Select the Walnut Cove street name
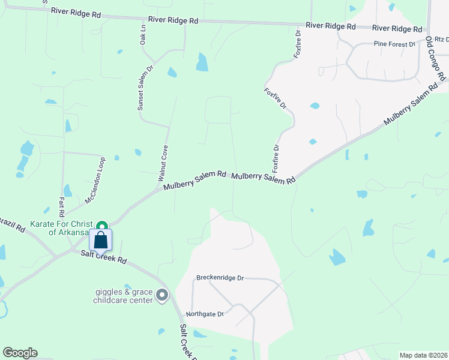(x=161, y=163)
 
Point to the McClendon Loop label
(x=95, y=180)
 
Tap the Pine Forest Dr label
(x=394, y=44)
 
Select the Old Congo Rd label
(x=436, y=59)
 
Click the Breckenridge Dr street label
(x=220, y=278)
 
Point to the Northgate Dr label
(x=205, y=314)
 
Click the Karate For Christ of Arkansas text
(x=61, y=228)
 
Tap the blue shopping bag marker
(x=101, y=240)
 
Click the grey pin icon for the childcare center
(x=162, y=295)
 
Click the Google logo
(x=20, y=353)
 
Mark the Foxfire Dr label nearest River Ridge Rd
(x=297, y=44)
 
